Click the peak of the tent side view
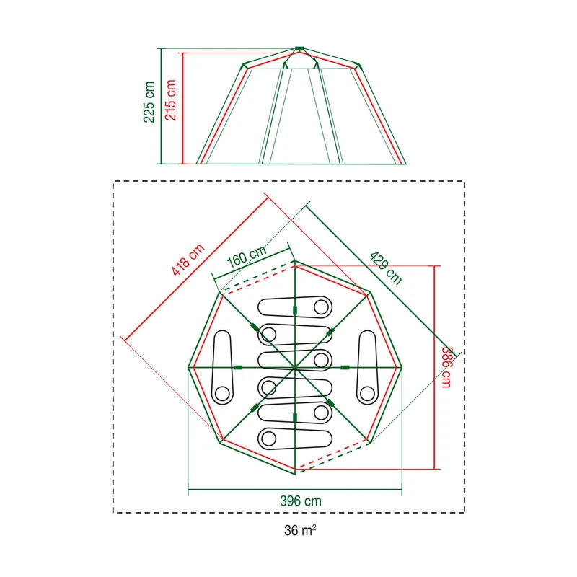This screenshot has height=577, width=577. pos(299,49)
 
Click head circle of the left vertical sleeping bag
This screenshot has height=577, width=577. pos(222,392)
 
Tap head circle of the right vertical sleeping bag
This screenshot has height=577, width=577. pos(368,392)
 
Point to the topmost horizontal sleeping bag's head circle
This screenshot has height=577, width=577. pos(320,307)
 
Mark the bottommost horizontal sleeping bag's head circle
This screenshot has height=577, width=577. pos(270,437)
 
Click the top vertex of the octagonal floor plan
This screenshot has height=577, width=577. pos(295,261)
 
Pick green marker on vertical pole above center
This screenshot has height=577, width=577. pos(295,310)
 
